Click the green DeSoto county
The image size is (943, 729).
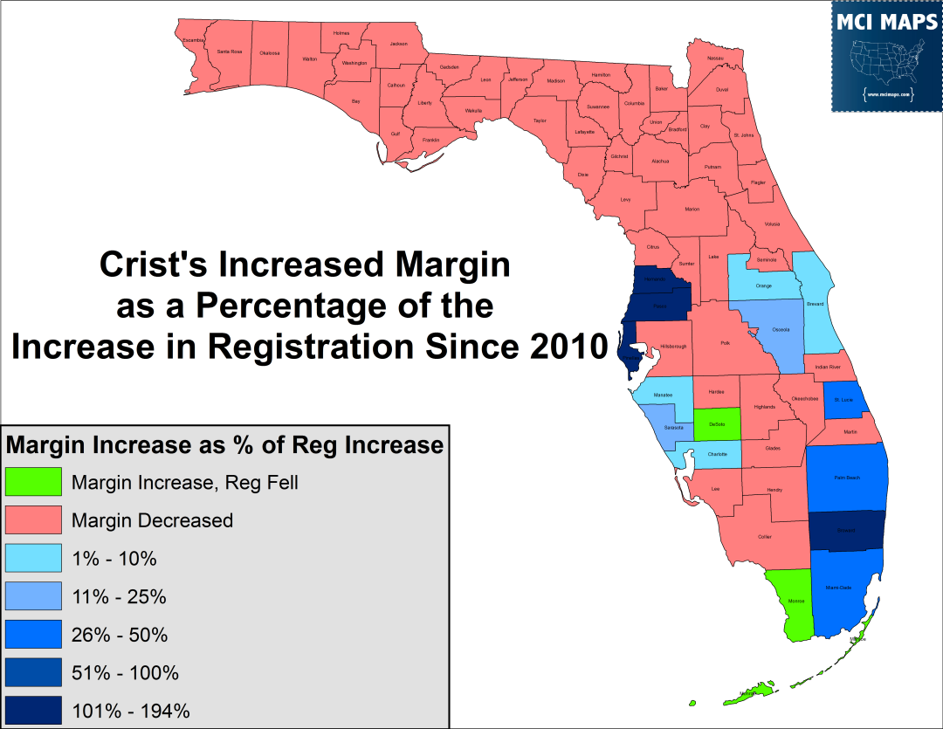click(x=717, y=424)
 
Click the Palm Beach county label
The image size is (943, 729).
click(x=846, y=478)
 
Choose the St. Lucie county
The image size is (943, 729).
click(x=843, y=399)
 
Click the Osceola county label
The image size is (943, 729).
click(x=781, y=329)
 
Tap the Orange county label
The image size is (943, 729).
click(x=763, y=285)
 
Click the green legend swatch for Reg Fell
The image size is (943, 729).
click(x=33, y=482)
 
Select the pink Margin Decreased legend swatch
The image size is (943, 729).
click(x=33, y=520)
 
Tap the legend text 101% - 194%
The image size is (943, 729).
click(x=131, y=711)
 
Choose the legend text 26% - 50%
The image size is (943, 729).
click(x=120, y=635)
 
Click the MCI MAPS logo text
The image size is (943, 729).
click(x=885, y=23)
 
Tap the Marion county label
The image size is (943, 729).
click(x=692, y=210)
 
